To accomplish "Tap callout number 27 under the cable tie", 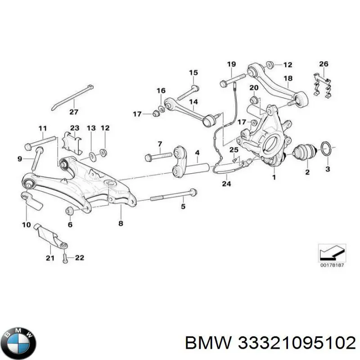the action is tap(74, 112).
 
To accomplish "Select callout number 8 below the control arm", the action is tap(121, 223).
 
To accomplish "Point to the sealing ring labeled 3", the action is tap(328, 148).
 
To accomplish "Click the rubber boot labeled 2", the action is tap(306, 152).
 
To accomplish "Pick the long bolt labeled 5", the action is tap(173, 195).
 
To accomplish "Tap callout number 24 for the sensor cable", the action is tap(226, 184).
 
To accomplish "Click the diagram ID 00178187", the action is tap(332, 265).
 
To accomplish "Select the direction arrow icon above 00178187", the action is tap(332, 253).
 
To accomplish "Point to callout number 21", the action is tap(50, 258).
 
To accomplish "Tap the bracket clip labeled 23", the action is tap(72, 143).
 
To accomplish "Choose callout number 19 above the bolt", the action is tap(231, 64).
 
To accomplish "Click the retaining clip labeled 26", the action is tap(323, 85).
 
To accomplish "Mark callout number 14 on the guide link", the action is tap(193, 102).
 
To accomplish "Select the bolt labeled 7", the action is tap(159, 157).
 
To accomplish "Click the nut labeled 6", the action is tap(69, 211).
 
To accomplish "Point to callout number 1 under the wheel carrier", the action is tap(274, 177).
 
